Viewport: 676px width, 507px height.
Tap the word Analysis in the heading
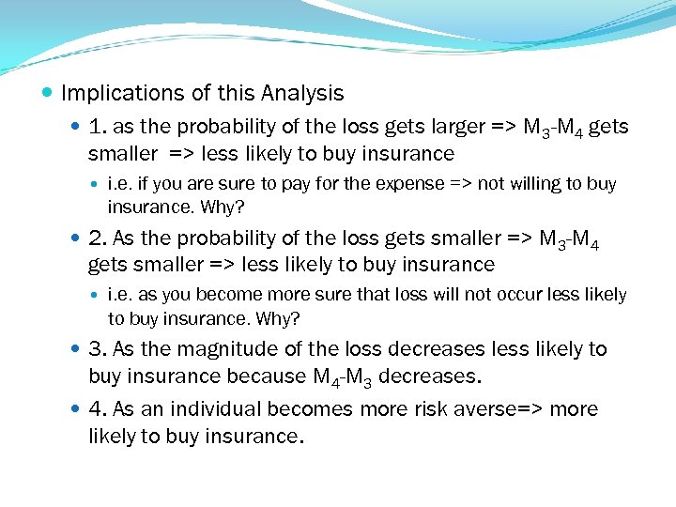(x=303, y=94)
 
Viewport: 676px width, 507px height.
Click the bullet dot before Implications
(x=49, y=93)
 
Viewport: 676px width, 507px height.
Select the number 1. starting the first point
(x=99, y=127)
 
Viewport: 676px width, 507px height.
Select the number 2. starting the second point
(x=99, y=238)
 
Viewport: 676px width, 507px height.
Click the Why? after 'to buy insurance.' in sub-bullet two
(x=278, y=318)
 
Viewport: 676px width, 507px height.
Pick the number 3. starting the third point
(x=99, y=349)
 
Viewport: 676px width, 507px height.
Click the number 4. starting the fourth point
(x=99, y=409)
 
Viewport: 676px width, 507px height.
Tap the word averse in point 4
(x=493, y=409)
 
